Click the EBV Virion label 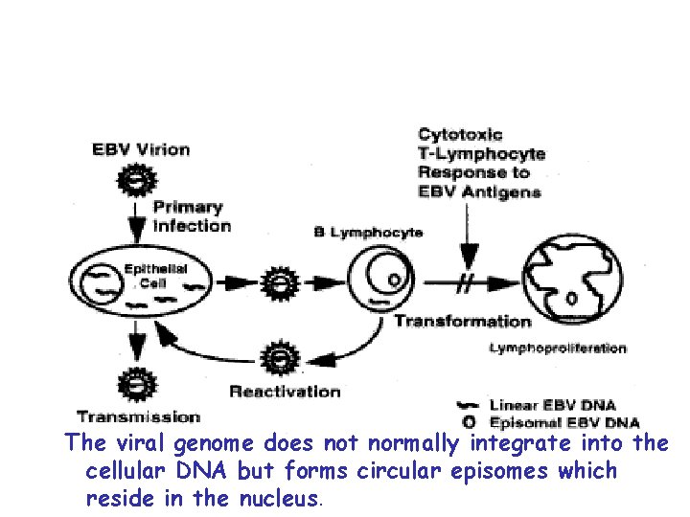(x=141, y=149)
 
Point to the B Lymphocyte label (x=369, y=233)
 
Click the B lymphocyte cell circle (x=383, y=282)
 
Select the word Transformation (x=462, y=322)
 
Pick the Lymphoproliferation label (x=558, y=348)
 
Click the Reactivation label (x=285, y=391)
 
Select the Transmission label (x=138, y=416)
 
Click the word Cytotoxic (x=460, y=135)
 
